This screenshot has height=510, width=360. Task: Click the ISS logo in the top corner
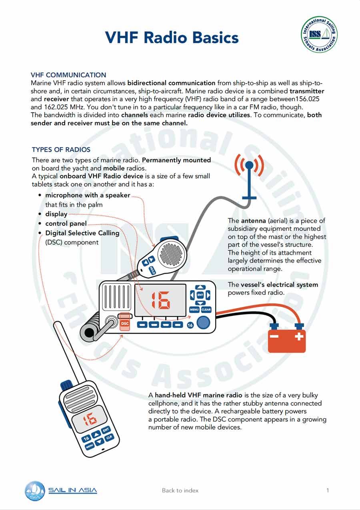click(319, 34)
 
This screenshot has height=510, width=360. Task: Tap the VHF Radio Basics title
click(172, 37)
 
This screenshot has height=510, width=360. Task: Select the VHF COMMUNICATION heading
click(68, 75)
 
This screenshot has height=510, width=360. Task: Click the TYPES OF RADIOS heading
click(61, 149)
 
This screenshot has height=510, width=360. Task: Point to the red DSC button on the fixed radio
click(125, 323)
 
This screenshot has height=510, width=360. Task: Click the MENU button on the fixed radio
click(194, 310)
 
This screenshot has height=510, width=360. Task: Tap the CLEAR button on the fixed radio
click(206, 310)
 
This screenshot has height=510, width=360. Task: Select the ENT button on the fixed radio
click(200, 295)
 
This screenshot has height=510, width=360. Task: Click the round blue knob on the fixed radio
click(203, 323)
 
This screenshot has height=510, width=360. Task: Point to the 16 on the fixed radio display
click(161, 300)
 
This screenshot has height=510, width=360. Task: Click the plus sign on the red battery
click(299, 336)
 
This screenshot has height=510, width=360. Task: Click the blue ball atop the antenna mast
click(250, 165)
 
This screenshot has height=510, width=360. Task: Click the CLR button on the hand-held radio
click(109, 438)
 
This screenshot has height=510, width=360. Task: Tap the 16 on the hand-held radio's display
click(90, 419)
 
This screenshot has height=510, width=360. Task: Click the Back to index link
click(180, 490)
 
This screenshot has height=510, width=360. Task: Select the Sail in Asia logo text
click(73, 490)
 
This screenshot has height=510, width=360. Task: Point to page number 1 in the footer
click(328, 490)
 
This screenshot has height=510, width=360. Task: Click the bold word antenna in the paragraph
click(253, 221)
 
